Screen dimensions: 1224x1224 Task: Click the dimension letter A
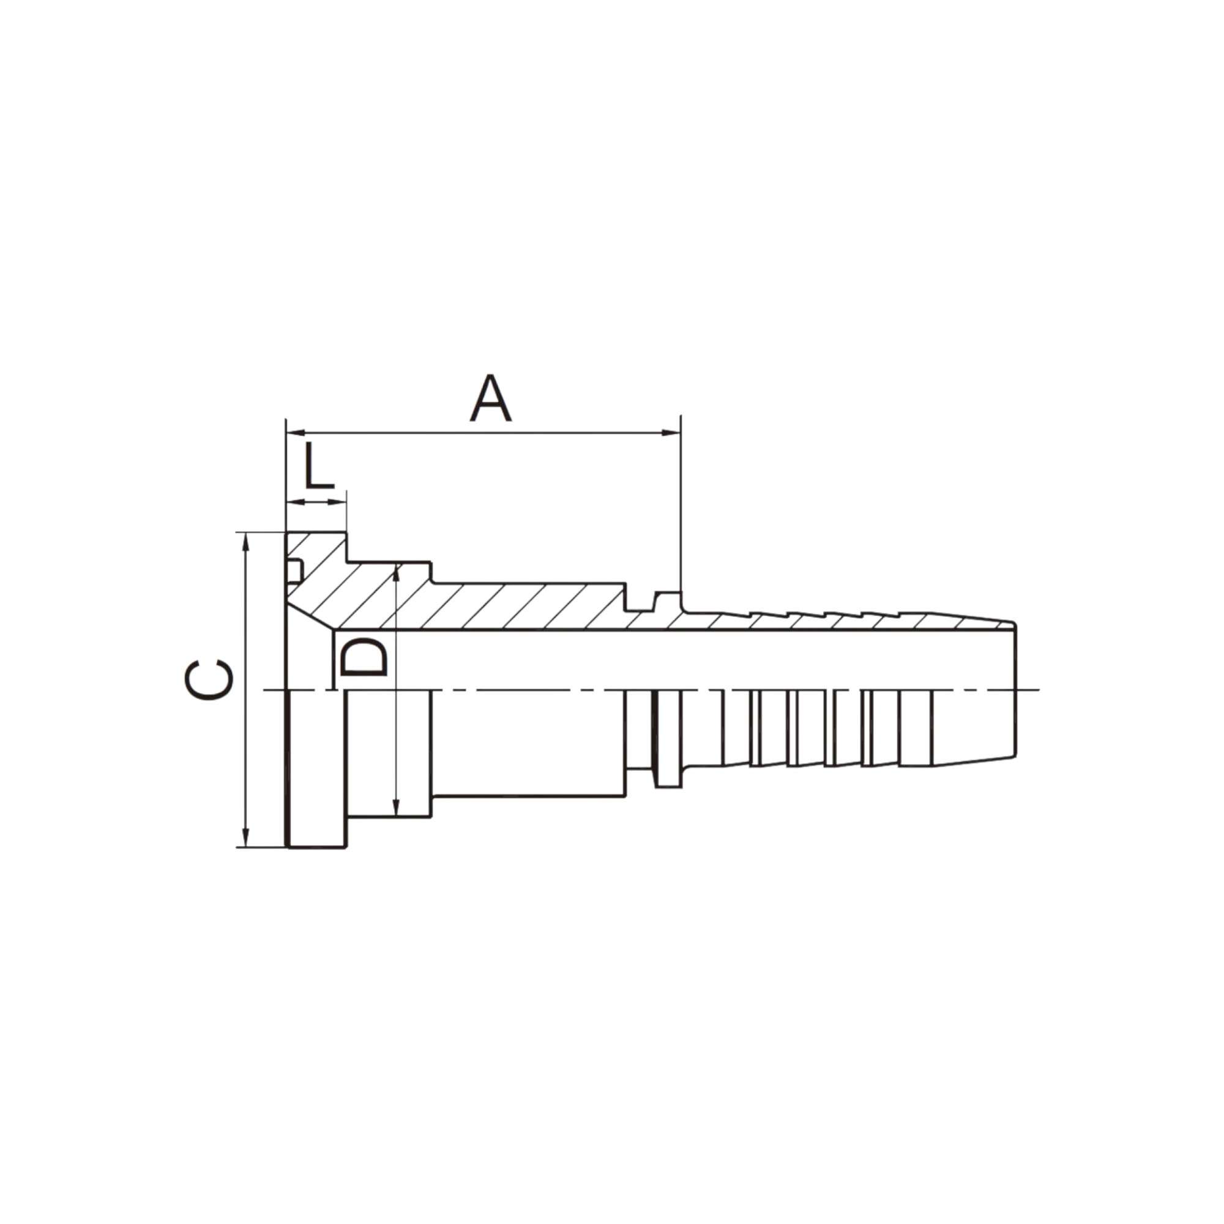[x=490, y=398]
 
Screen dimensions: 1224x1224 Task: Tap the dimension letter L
[x=319, y=466]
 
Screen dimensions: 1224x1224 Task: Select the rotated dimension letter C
[x=209, y=680]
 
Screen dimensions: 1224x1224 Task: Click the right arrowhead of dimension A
[x=671, y=433]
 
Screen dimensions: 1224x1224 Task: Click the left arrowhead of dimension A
[x=296, y=433]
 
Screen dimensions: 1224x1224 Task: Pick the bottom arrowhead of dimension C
[x=247, y=836]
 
